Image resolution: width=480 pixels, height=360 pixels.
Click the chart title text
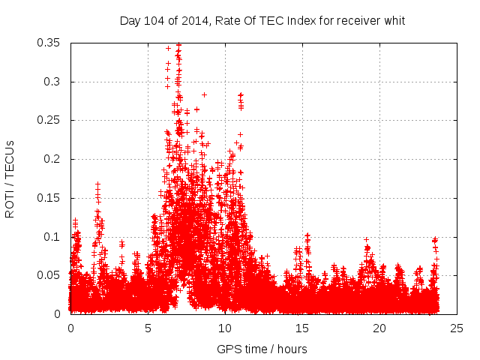[x=262, y=20]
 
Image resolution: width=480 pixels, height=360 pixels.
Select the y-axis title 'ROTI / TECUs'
[x=10, y=178]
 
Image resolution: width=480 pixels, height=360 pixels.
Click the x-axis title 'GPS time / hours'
[x=262, y=349]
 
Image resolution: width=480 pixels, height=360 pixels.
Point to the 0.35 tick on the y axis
[x=49, y=43]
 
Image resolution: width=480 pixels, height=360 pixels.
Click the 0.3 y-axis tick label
[x=52, y=82]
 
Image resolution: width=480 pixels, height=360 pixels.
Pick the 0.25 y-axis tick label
[x=49, y=120]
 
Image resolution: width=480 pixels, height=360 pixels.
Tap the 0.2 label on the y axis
[x=52, y=159]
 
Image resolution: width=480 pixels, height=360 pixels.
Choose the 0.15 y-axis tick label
[x=49, y=198]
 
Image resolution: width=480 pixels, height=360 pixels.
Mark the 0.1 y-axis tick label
[x=52, y=236]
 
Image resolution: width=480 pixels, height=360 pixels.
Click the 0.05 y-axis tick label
[x=49, y=275]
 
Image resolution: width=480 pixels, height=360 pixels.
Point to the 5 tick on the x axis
[x=148, y=328]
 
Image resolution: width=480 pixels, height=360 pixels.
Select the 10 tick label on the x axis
[x=225, y=328]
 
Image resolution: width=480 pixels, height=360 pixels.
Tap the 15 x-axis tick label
[x=302, y=328]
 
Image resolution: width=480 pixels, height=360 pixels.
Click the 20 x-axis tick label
[x=379, y=328]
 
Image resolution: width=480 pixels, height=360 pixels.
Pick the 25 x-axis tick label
[x=457, y=328]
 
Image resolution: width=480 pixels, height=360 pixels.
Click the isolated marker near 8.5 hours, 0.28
[x=204, y=95]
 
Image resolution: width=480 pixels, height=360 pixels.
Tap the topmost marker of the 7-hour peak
[x=178, y=44]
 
